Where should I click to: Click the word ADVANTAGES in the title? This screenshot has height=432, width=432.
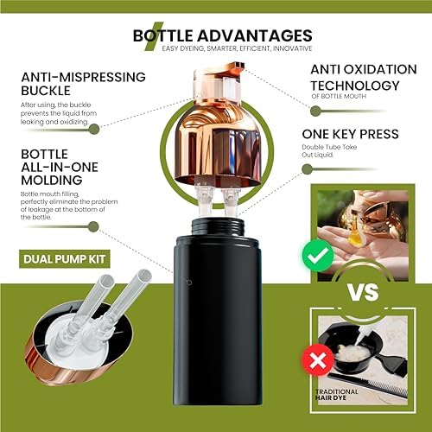[255, 35]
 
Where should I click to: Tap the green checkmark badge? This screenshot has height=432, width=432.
[318, 256]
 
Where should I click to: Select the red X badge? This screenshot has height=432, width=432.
[318, 360]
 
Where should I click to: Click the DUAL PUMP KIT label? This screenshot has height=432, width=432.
[65, 259]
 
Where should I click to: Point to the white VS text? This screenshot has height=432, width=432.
[363, 292]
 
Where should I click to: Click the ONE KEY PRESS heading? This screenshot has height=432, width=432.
[350, 134]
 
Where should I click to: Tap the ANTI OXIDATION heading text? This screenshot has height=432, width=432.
[364, 69]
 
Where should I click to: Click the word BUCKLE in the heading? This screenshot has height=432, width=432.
[46, 91]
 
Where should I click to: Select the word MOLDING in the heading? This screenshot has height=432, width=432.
[52, 180]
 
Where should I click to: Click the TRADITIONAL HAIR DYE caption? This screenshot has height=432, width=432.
[336, 395]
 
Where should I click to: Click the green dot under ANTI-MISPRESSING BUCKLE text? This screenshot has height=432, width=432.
[94, 130]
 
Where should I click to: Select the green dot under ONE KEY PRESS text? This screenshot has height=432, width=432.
[308, 169]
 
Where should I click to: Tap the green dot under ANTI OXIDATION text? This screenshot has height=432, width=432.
[316, 111]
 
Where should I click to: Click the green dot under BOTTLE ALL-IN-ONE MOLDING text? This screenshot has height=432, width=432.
[93, 226]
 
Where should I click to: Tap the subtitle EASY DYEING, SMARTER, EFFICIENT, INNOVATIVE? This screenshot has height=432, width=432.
[237, 48]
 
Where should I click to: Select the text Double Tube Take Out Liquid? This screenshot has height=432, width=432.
[329, 150]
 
